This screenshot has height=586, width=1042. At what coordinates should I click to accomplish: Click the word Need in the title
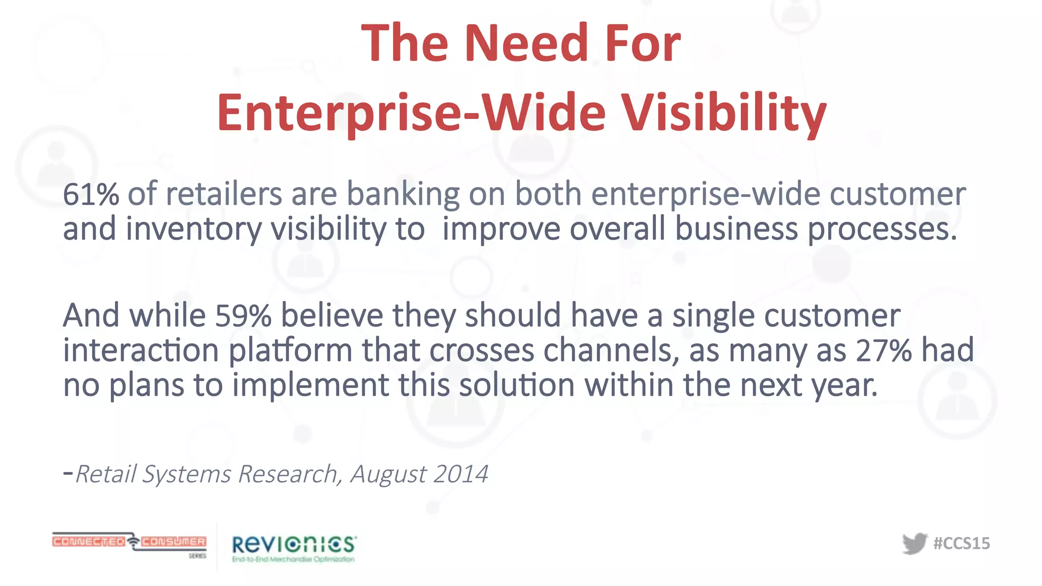pos(526,44)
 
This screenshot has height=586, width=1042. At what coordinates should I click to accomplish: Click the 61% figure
pos(91,194)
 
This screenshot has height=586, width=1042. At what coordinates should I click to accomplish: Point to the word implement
pos(310,386)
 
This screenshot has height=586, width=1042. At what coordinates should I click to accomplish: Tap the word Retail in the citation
pos(105,474)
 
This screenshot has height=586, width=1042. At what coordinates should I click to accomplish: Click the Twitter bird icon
pos(914,543)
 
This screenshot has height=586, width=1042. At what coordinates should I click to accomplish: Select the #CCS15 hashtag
pos(962,543)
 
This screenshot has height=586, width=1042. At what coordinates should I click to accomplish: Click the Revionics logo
pos(294,548)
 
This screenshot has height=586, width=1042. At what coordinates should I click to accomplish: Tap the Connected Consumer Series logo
pos(129,543)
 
